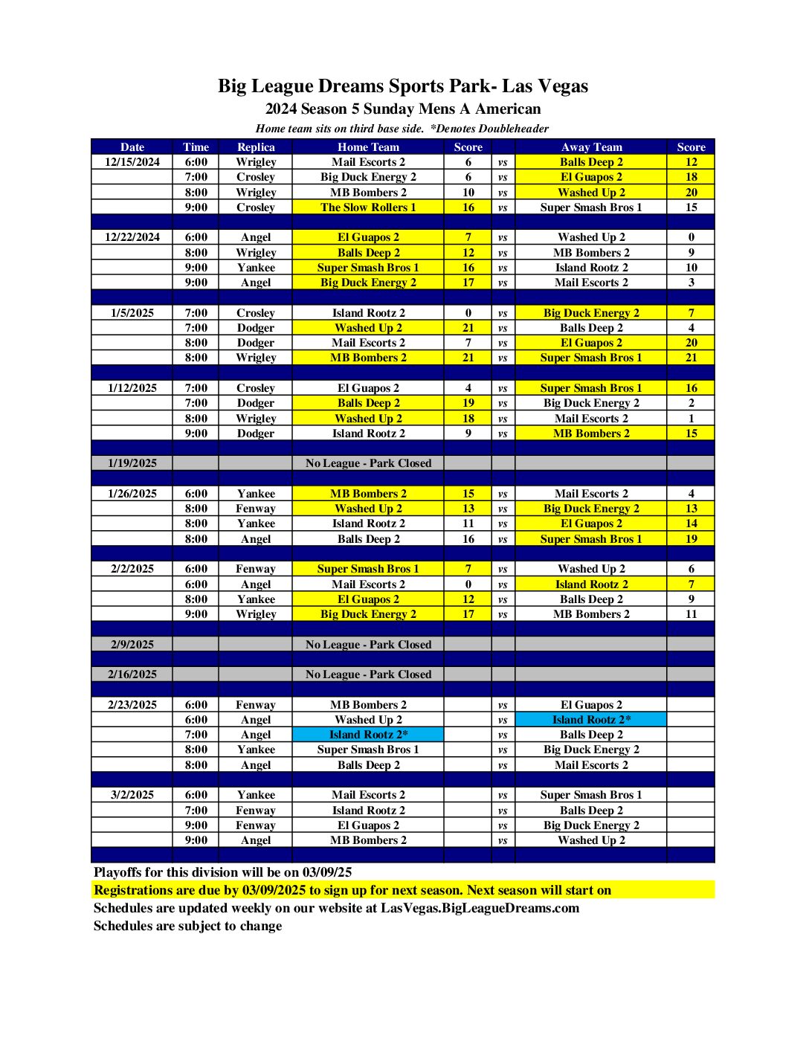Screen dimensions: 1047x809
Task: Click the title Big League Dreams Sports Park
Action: (402, 86)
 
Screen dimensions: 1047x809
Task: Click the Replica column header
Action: (256, 147)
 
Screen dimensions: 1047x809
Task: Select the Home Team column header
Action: (368, 147)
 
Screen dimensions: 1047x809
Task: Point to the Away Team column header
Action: (591, 147)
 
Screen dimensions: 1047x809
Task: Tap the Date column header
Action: (132, 147)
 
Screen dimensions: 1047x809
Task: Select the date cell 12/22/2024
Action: (132, 237)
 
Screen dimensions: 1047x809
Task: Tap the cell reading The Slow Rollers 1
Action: (368, 207)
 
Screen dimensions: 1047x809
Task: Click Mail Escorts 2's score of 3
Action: (691, 283)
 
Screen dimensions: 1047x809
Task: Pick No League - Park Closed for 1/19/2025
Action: (368, 463)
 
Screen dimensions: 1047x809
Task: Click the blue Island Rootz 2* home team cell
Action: (368, 735)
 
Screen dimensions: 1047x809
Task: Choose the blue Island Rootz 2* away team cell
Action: (591, 720)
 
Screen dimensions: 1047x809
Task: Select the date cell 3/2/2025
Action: (132, 795)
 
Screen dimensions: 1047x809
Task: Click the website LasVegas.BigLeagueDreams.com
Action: (480, 908)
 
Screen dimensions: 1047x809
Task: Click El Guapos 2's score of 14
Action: (691, 523)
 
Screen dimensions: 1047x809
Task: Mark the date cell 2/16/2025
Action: (132, 674)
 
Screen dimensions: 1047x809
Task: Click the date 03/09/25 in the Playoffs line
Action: (327, 872)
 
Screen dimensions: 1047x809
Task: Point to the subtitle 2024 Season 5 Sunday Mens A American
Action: (402, 109)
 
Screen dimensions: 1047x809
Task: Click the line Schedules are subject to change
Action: (187, 926)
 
